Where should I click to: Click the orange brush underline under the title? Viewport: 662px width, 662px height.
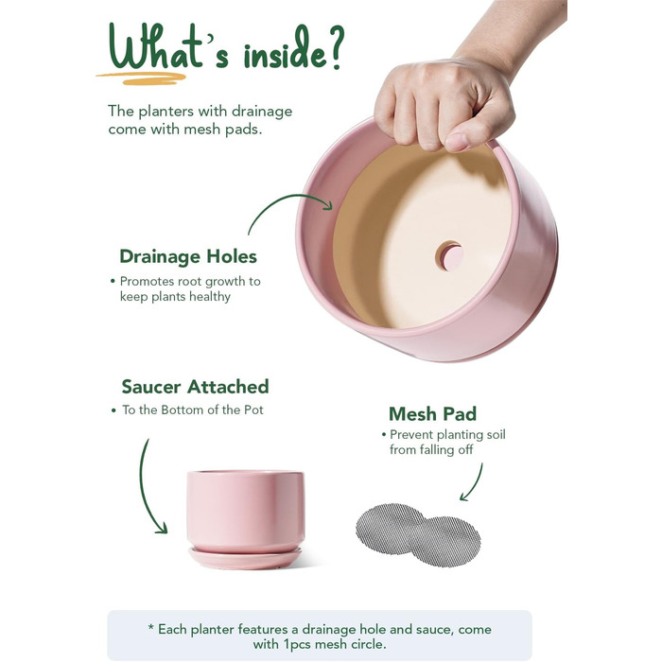coord(141,78)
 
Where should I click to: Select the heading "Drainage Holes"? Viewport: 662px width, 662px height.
coord(188,256)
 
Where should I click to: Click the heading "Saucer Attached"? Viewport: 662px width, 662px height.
coord(195,386)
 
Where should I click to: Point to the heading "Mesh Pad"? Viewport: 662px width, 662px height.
coord(433,414)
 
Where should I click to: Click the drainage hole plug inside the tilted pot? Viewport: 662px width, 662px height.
coord(449,255)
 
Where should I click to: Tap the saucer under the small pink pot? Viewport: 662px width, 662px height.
coord(245,558)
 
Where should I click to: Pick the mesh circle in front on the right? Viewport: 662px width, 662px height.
coord(446,541)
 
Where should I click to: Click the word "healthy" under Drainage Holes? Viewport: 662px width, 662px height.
coord(209,297)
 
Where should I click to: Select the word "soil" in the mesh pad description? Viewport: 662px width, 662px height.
coord(496,434)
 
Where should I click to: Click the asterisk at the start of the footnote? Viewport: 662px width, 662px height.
coord(150,628)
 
